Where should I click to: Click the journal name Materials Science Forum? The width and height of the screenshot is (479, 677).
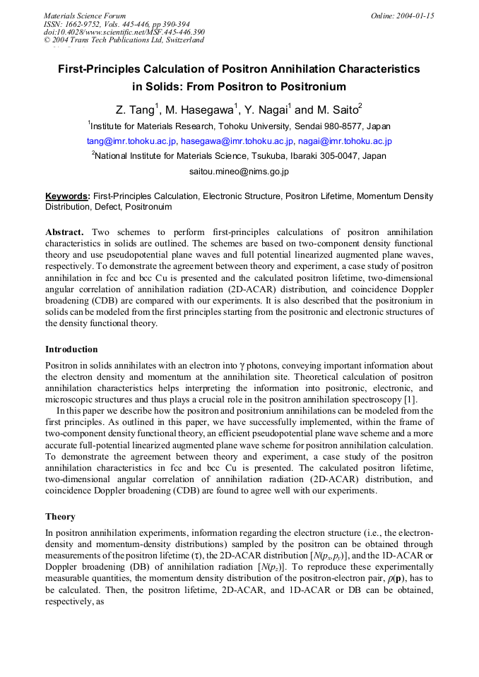pos(85,16)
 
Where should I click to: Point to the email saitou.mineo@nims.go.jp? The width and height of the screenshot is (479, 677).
pos(239,171)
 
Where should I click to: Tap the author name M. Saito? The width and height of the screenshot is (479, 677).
pos(338,110)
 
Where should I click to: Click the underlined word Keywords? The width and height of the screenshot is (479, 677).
pos(67,196)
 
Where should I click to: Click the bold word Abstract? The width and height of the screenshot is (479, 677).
pos(65,232)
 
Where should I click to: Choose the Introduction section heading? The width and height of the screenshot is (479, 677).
pos(71,349)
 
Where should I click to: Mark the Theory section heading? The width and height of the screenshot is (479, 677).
pos(60,517)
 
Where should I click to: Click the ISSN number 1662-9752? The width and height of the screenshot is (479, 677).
pos(87,24)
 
